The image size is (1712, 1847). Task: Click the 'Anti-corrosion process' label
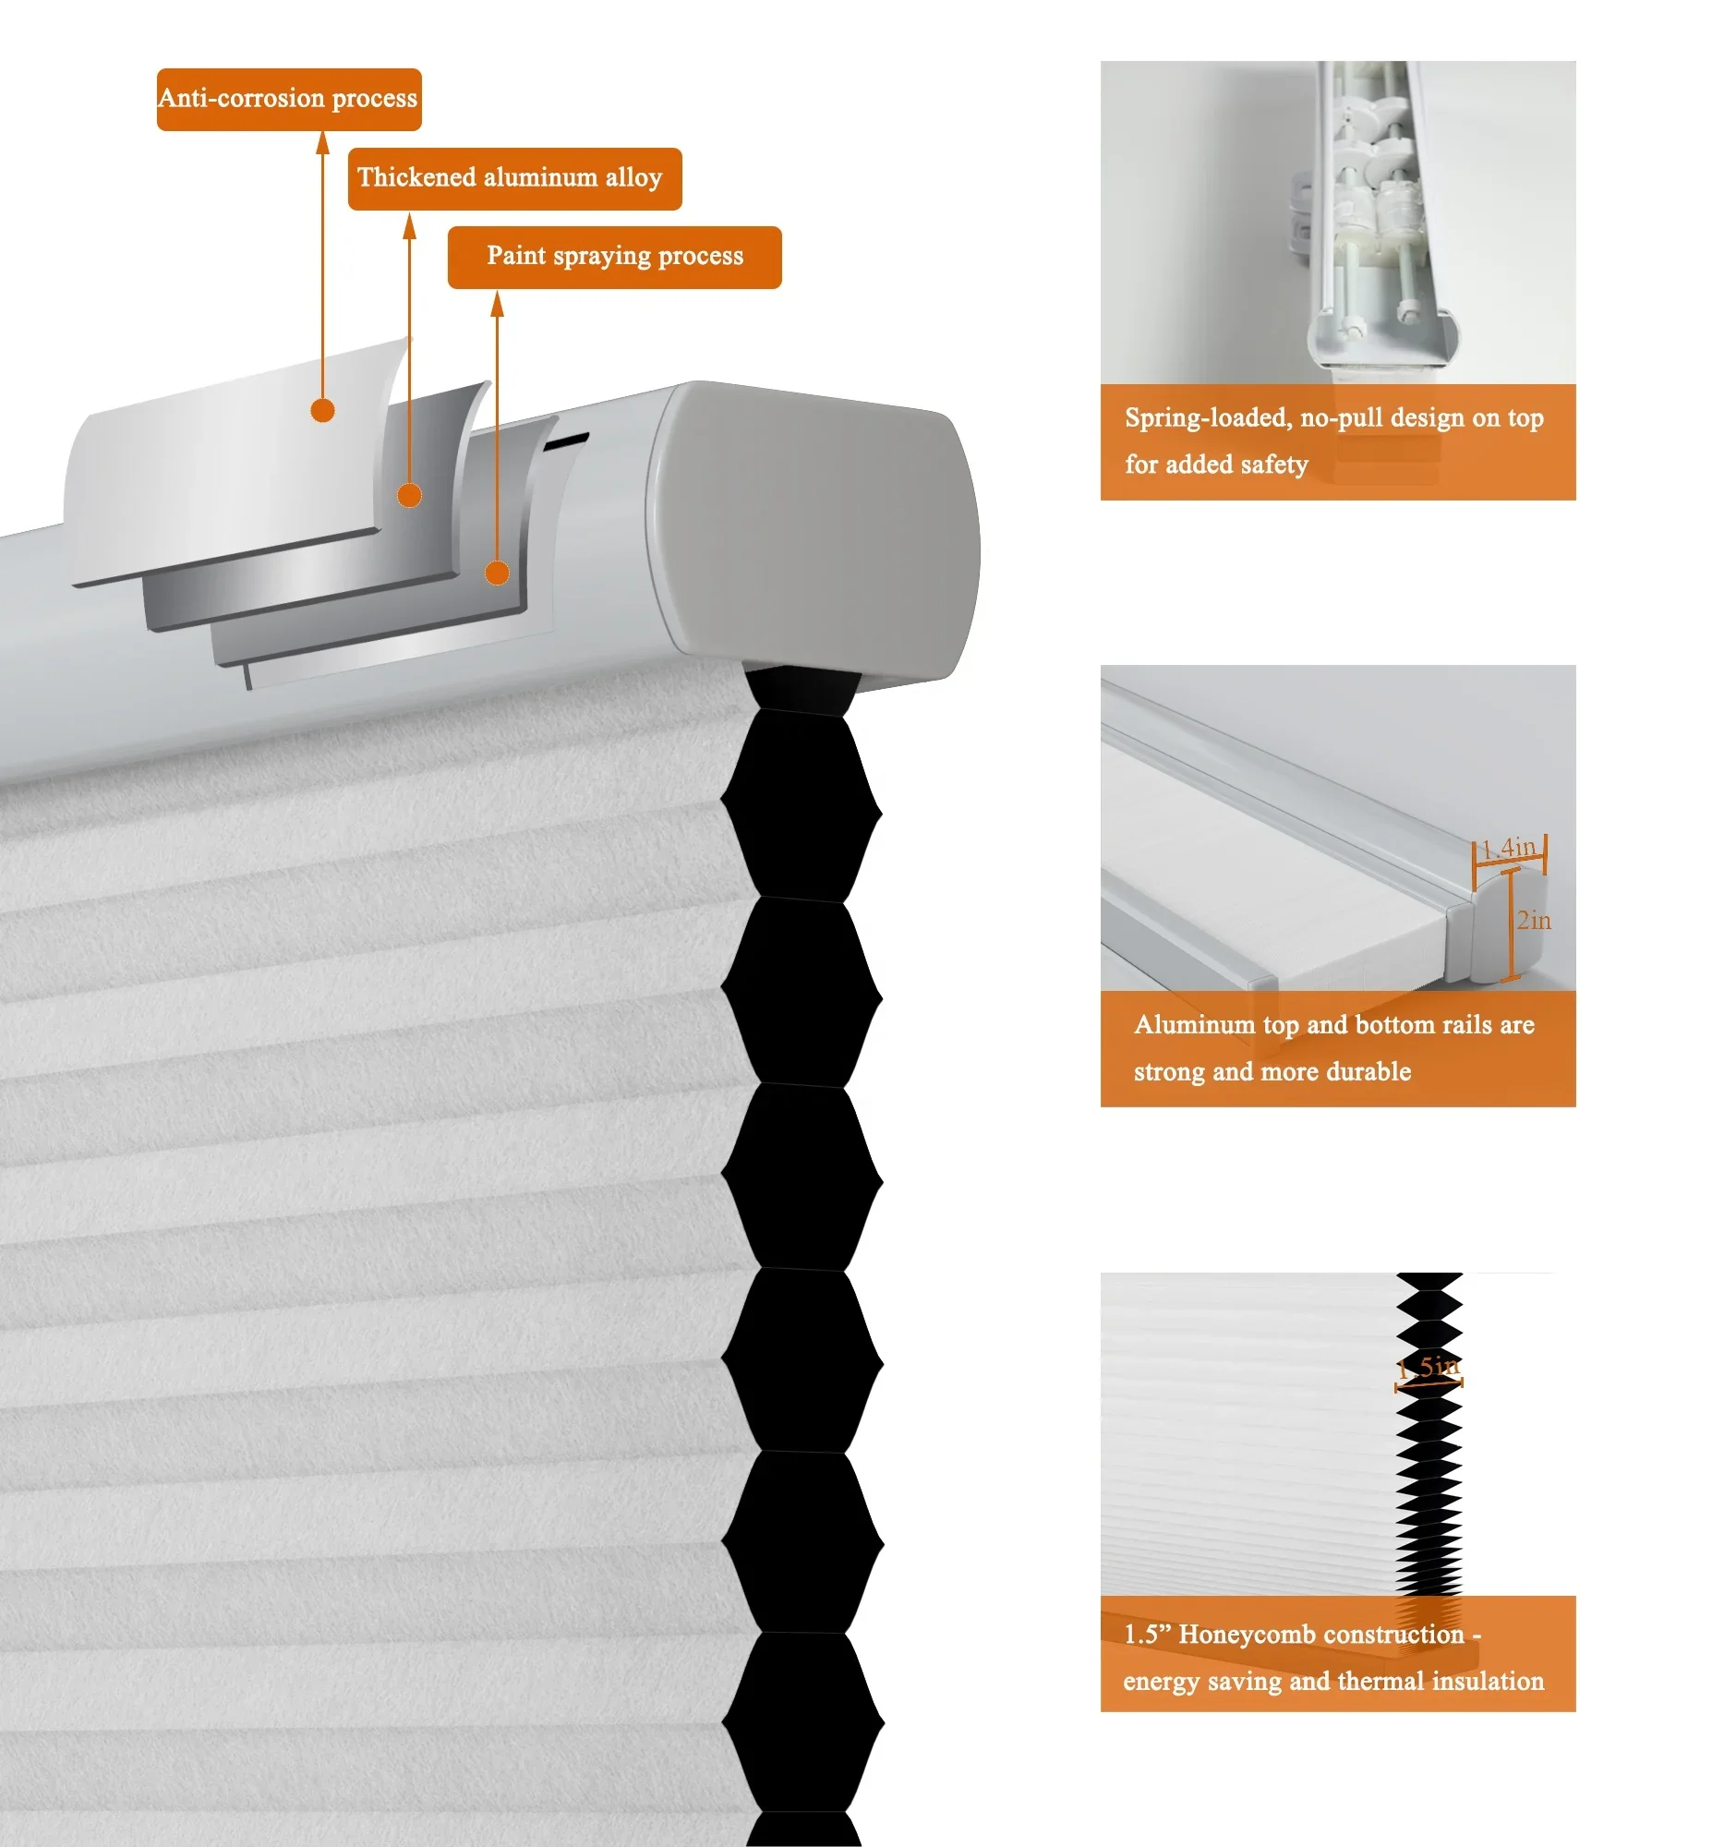click(x=289, y=99)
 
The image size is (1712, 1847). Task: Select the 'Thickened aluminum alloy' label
click(x=515, y=179)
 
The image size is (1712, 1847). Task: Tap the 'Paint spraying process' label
click(x=614, y=257)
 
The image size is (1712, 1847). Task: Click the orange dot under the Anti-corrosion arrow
click(x=322, y=410)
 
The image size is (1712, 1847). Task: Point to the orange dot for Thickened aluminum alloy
click(x=409, y=496)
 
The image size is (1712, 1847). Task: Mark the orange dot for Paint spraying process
click(x=498, y=573)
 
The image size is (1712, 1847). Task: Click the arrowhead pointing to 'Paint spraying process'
click(x=498, y=304)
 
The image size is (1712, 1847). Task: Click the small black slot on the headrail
click(x=566, y=441)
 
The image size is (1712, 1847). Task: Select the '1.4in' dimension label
click(x=1509, y=848)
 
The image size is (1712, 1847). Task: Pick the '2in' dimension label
click(x=1534, y=921)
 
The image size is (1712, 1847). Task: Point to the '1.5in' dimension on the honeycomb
click(x=1429, y=1367)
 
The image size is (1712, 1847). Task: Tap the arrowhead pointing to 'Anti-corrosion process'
click(x=322, y=142)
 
